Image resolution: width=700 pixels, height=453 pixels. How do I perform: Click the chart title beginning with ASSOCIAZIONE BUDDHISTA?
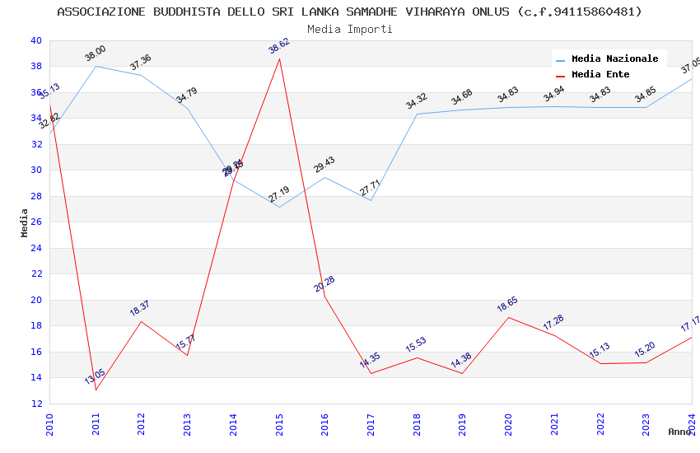pos(349,12)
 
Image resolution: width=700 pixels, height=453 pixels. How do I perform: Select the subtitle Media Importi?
pos(349,29)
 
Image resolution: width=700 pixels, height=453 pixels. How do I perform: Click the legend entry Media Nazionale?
pos(614,59)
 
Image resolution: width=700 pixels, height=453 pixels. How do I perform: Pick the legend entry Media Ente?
pos(600,75)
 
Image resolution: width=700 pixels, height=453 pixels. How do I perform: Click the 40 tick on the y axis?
pos(35,40)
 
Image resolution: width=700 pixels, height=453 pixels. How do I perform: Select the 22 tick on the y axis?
pos(35,274)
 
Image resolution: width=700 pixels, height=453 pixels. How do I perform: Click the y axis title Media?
pos(25,222)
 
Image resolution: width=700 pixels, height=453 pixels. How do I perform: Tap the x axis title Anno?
pos(679,432)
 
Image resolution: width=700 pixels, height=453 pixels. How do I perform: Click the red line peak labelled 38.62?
pos(280,58)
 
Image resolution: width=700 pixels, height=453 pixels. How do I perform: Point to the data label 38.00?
pos(96,54)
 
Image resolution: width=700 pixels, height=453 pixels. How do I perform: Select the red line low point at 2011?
pos(96,390)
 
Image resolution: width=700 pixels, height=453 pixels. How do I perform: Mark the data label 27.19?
pos(279,194)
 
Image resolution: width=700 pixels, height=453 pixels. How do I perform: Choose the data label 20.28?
pos(324,284)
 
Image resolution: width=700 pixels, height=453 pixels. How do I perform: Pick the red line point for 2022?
pos(600,363)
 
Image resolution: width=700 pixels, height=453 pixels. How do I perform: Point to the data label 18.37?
pos(140,308)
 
